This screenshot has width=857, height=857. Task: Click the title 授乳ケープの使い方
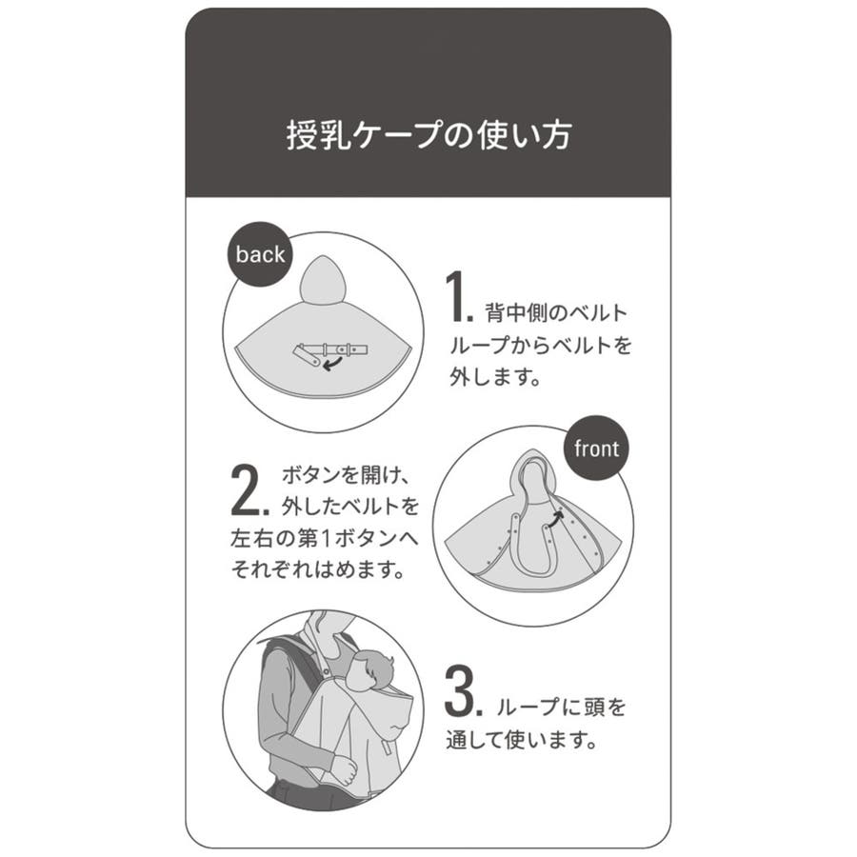(429, 135)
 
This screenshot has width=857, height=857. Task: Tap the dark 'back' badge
(260, 254)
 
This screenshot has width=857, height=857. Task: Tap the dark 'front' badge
(596, 448)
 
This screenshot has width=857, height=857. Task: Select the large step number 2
(249, 489)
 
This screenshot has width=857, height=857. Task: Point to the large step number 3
(463, 690)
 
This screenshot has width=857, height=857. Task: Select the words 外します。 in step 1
(494, 377)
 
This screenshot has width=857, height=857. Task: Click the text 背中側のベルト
(556, 313)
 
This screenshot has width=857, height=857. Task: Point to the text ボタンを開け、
(346, 475)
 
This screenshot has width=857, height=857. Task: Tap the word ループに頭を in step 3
(561, 708)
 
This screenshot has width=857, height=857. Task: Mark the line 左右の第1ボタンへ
(325, 538)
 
